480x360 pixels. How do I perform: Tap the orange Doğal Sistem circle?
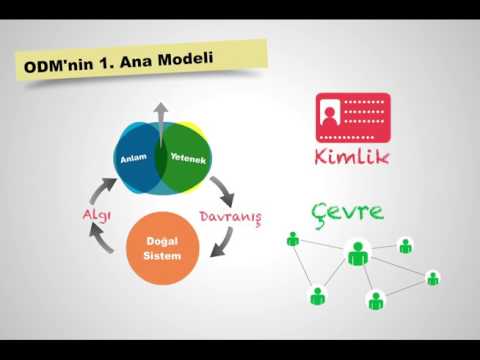point(161,249)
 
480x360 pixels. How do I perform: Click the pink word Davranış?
point(230,216)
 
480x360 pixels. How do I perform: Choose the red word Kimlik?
point(352,158)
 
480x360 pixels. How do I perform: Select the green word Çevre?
point(347,212)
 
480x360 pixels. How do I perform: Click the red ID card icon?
point(352,118)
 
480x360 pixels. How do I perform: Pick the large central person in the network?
point(358,254)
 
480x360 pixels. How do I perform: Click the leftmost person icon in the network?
point(293,239)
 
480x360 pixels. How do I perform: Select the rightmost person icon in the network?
point(433,278)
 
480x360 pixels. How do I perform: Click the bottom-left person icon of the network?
point(317,296)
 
